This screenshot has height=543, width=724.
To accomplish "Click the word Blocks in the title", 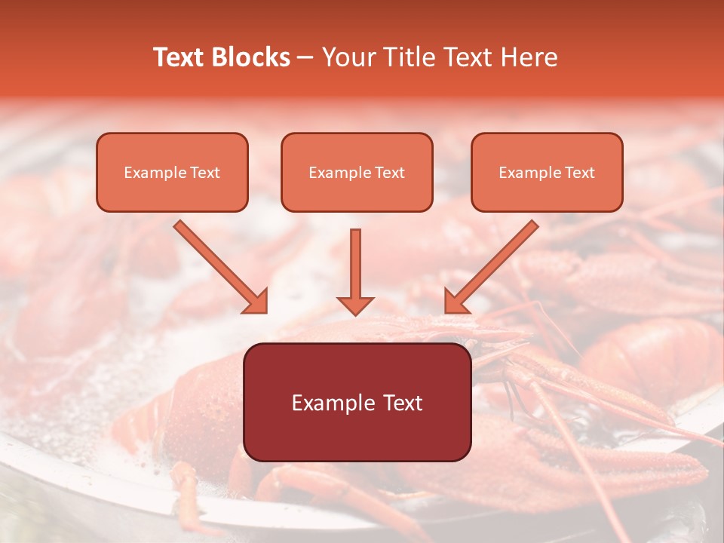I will (250, 57).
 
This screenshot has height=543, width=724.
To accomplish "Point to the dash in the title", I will (306, 58).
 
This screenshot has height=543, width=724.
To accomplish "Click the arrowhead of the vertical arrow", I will (355, 305).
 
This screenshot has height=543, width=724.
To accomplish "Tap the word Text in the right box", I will (579, 173).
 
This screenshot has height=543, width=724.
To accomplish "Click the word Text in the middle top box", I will (389, 173).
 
